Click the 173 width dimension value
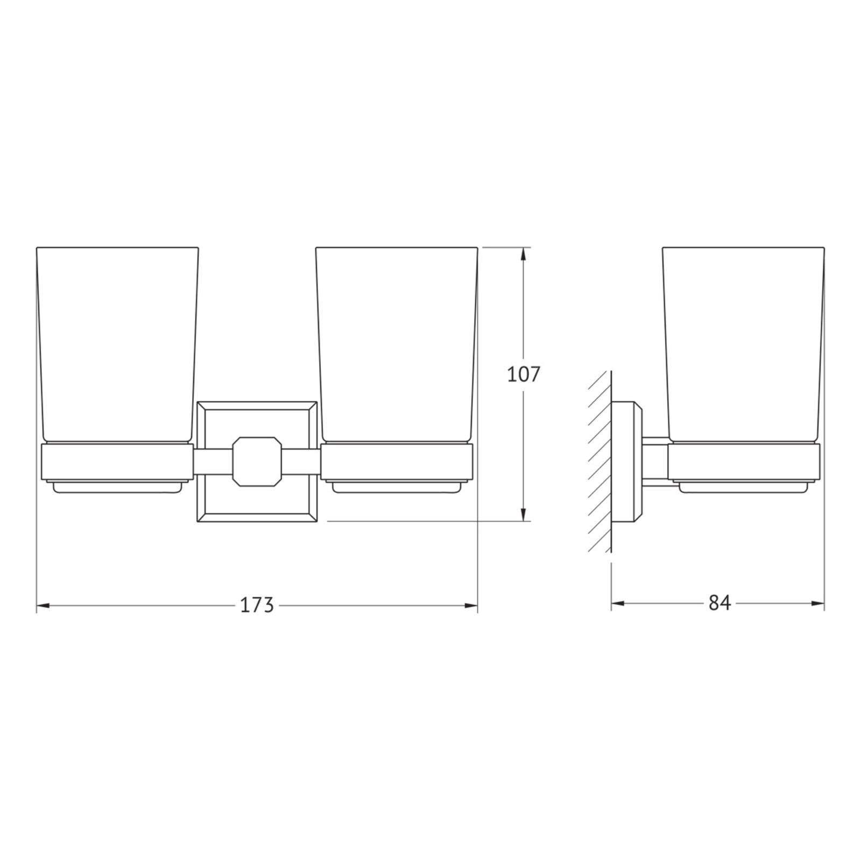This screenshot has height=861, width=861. (x=257, y=605)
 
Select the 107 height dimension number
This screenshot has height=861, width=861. (x=523, y=375)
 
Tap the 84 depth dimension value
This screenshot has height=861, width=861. (x=719, y=603)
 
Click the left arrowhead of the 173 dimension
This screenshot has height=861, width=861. (x=43, y=606)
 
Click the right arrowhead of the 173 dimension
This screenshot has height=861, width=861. (x=471, y=606)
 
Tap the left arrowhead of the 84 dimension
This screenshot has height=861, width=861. (x=618, y=603)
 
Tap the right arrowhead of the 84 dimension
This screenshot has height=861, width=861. (x=817, y=603)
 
